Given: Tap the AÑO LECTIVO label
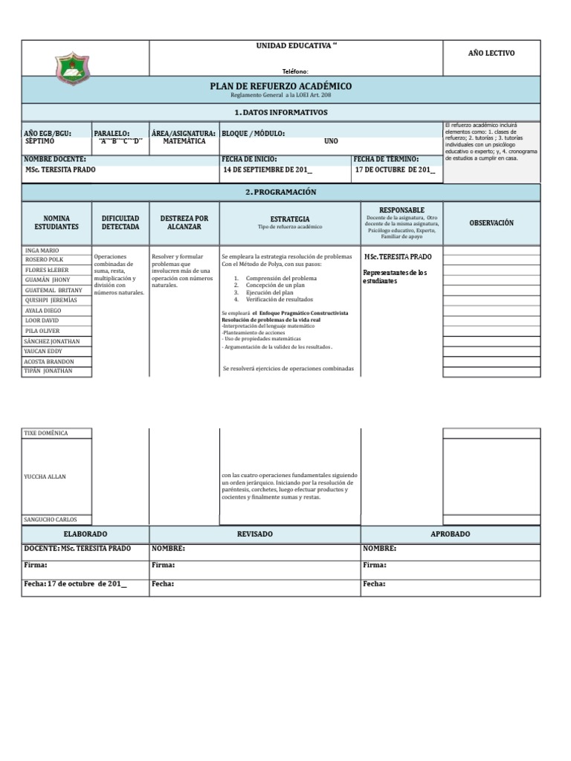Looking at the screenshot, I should point(491,53).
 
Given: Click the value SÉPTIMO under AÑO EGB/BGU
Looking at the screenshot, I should point(40,140).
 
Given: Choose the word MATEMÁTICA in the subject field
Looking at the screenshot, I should point(184,140).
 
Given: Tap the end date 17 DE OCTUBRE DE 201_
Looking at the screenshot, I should point(394,169).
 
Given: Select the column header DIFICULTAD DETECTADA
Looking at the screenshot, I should point(120,222).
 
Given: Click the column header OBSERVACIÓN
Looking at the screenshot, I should point(491,223).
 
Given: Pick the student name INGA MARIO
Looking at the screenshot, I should point(42,250).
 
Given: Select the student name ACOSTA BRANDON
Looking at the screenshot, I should point(49,361).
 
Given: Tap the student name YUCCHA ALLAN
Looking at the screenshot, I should point(45,476).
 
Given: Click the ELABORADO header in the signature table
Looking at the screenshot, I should point(86,534).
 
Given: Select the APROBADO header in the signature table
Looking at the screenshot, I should point(450,534).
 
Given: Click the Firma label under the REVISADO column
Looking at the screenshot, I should point(164,565).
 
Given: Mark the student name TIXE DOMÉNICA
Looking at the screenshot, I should point(47,433).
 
